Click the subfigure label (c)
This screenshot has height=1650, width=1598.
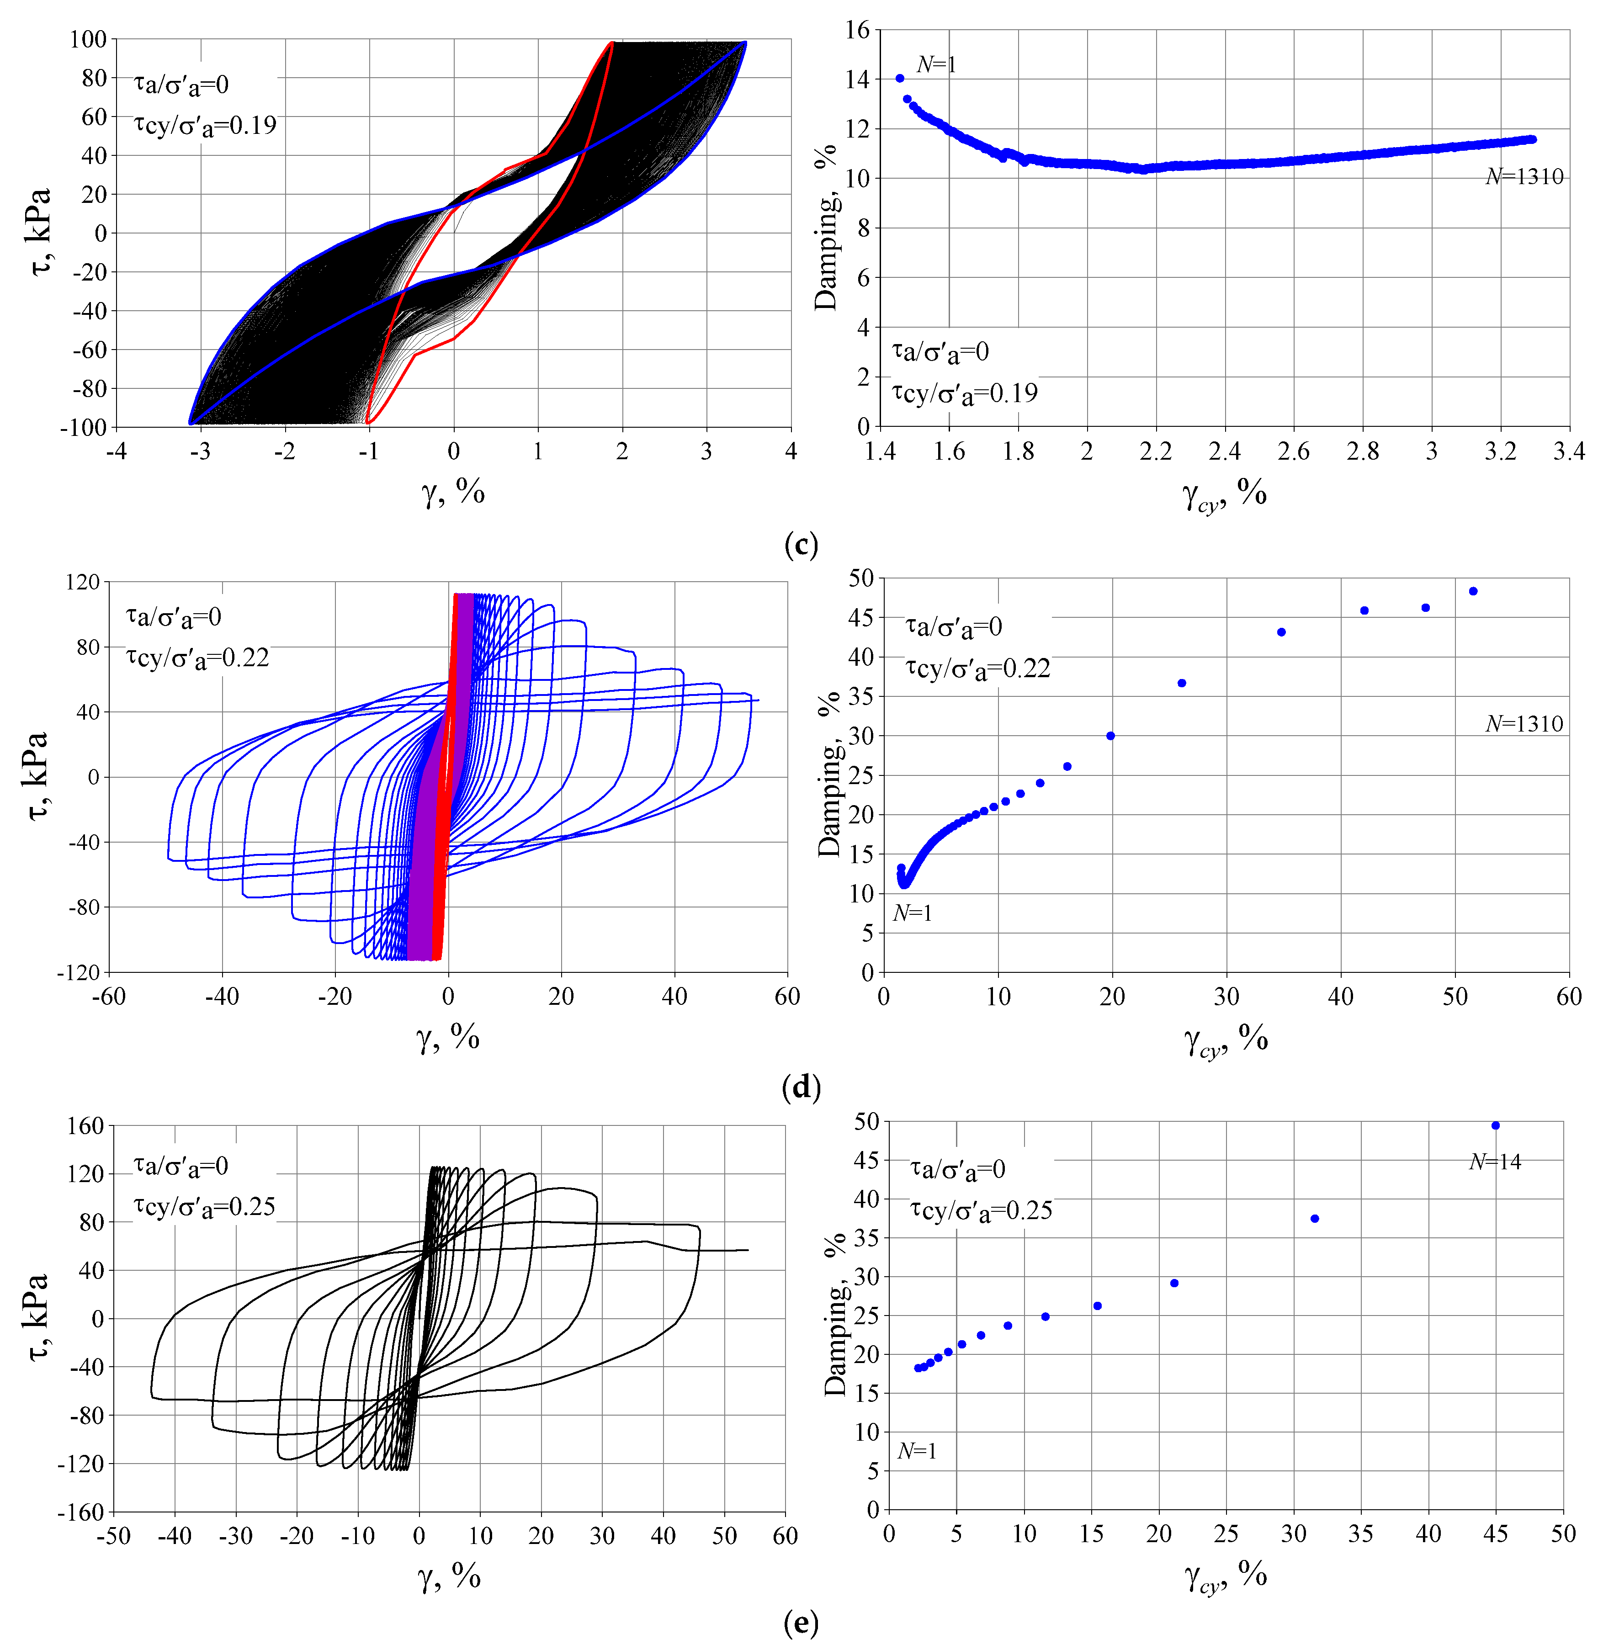[800, 545]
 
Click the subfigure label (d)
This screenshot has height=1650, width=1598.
[800, 1088]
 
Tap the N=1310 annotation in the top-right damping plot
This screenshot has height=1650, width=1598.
[1524, 177]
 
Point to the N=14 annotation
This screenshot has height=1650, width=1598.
[1495, 1162]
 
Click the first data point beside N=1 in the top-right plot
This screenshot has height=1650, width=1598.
[900, 78]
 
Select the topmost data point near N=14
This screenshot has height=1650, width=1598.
[1495, 1125]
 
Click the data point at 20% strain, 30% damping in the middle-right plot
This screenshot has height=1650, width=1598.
[1110, 736]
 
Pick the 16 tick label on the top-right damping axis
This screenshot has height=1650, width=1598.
[857, 30]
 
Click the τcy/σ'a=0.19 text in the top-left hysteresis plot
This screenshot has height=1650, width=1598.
[205, 126]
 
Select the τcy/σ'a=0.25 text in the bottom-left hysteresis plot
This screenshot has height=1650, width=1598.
[205, 1206]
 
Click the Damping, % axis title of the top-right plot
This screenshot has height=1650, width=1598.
[827, 227]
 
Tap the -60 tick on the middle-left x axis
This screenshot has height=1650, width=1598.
[109, 997]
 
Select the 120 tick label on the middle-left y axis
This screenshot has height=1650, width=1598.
[83, 582]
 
